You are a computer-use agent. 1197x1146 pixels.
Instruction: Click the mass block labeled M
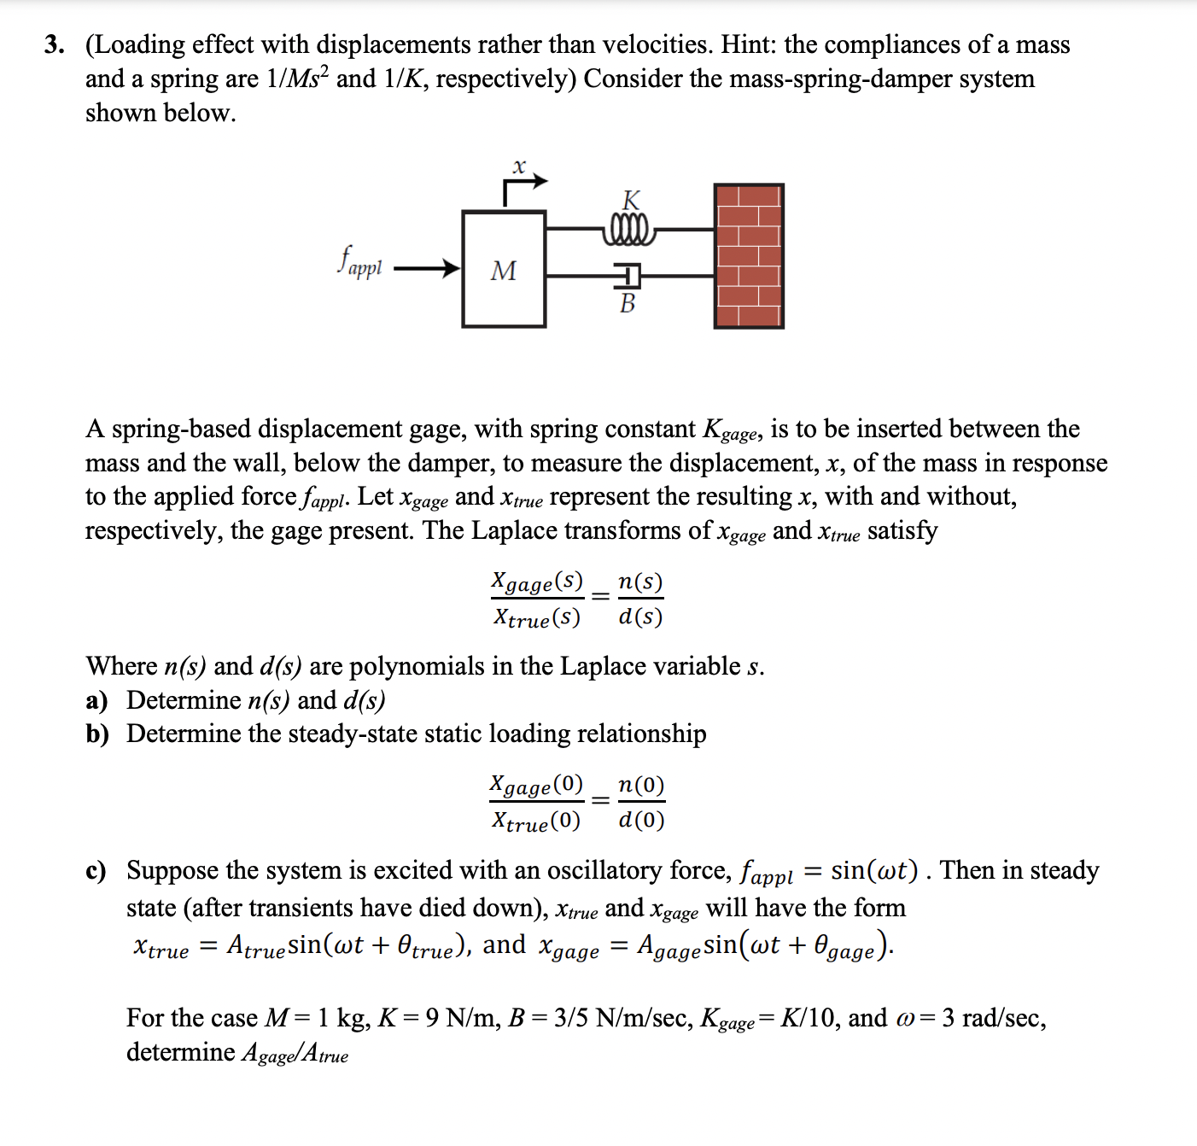[x=504, y=270]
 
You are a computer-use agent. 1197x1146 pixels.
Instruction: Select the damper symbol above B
[x=628, y=276]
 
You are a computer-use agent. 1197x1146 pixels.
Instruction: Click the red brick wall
[x=749, y=256]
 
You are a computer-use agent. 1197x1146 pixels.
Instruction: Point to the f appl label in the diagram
[x=359, y=262]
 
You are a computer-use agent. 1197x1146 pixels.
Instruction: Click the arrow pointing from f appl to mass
[x=426, y=269]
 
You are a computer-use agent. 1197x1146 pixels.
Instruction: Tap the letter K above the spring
[x=631, y=201]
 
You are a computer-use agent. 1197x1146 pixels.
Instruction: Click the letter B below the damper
[x=628, y=303]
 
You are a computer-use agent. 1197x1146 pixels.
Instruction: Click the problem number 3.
[x=55, y=44]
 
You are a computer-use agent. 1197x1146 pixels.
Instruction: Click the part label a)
[x=96, y=700]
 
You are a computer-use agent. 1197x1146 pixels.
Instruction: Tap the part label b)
[x=97, y=734]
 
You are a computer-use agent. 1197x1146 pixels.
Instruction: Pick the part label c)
[x=96, y=871]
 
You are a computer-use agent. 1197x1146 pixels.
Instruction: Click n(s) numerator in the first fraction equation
[x=640, y=582]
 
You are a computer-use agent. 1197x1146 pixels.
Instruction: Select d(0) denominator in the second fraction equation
[x=641, y=821]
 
